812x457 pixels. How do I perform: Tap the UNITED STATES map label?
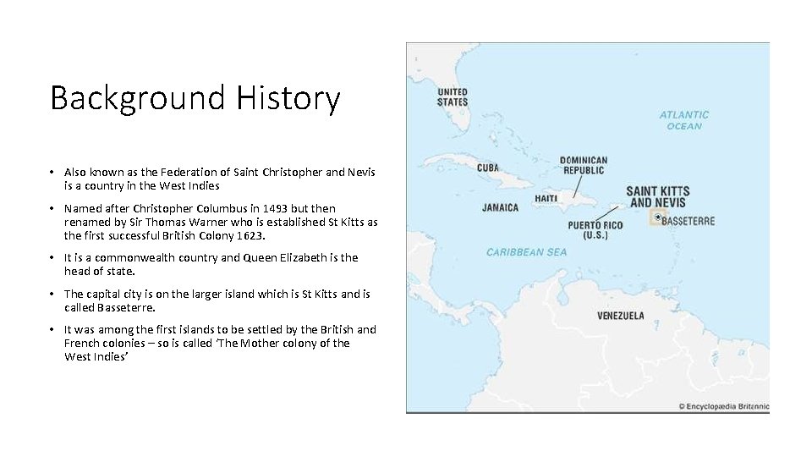point(453,96)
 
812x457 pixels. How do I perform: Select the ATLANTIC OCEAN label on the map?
point(684,120)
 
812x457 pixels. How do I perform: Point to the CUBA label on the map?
point(488,168)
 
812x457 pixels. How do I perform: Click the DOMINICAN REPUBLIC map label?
point(583,165)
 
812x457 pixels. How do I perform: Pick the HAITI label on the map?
point(546,199)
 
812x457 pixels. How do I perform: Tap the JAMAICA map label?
point(501,207)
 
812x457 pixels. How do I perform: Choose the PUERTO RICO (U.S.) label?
point(595,230)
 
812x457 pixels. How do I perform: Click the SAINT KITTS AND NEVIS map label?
point(658,196)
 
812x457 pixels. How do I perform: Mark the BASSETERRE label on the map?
point(689,221)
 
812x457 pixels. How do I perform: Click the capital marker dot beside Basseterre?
point(658,217)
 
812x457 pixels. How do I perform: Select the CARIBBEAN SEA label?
point(527,252)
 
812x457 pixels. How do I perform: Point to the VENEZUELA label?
point(621,316)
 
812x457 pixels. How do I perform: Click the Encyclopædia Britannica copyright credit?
point(724,406)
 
